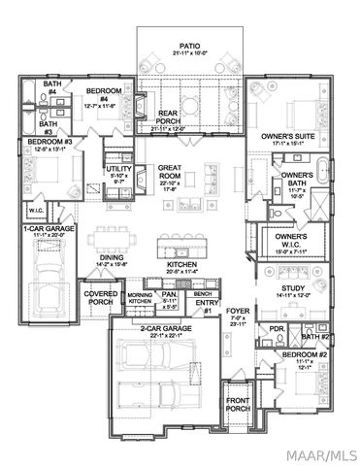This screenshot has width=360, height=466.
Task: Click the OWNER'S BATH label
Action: pyautogui.click(x=295, y=182)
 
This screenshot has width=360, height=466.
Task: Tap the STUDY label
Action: pyautogui.click(x=291, y=290)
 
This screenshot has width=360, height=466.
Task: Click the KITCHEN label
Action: pyautogui.click(x=182, y=266)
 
